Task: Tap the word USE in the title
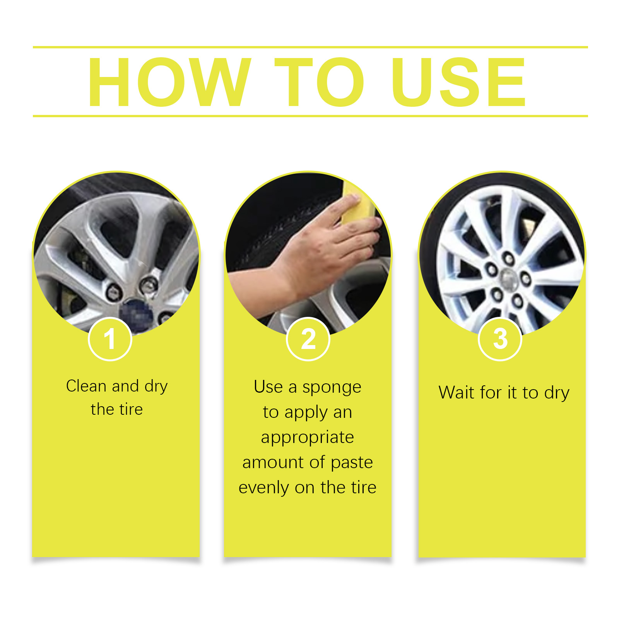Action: point(459,82)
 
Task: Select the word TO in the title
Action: point(319,82)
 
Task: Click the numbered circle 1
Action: point(110,339)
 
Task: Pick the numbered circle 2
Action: point(308,339)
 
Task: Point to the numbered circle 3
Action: point(500,339)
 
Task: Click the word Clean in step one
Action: point(86,386)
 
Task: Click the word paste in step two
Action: point(352,463)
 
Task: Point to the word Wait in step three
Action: point(457,392)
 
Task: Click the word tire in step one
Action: point(131,409)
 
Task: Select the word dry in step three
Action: point(557,393)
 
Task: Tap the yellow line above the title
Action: point(310,47)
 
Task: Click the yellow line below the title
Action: point(310,116)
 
